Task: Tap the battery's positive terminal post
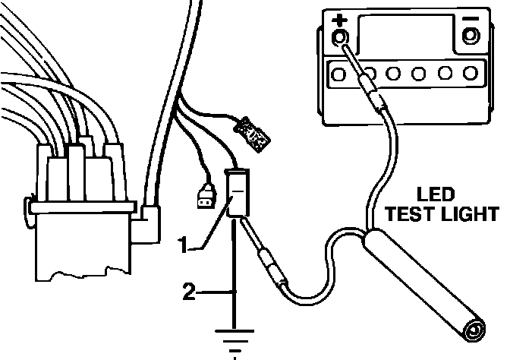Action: coord(340,38)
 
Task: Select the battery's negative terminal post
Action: coord(471,36)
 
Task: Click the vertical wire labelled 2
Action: coord(235,292)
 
